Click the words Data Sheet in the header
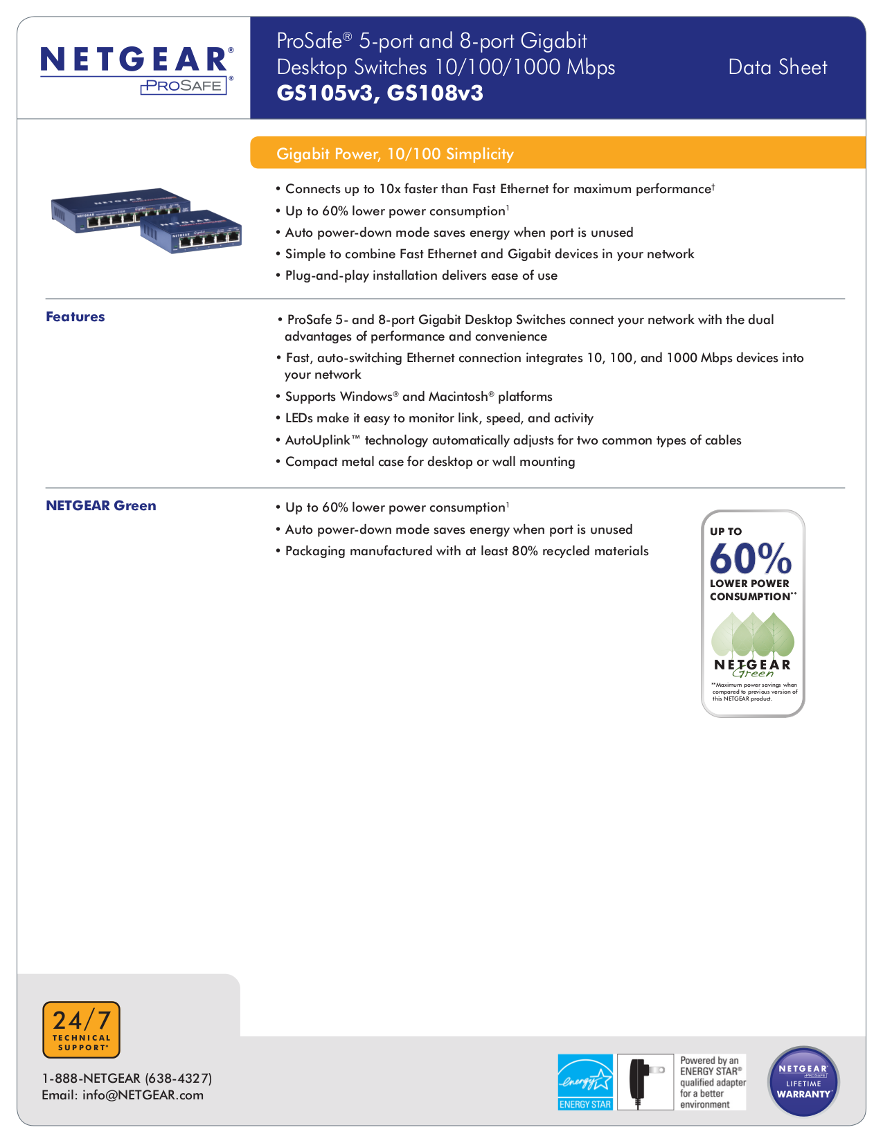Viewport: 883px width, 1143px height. (x=777, y=67)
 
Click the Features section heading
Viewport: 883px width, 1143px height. (x=75, y=317)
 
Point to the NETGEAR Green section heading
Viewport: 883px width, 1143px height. (x=101, y=506)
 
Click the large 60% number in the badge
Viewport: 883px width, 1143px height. (x=750, y=558)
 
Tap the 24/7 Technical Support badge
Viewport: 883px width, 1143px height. (x=81, y=1029)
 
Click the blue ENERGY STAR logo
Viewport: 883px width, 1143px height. (x=585, y=1082)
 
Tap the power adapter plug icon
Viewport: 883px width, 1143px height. (x=644, y=1082)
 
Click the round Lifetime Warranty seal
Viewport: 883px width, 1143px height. (x=803, y=1081)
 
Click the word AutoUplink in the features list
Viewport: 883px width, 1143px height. (x=323, y=440)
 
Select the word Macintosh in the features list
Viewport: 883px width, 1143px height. (x=458, y=397)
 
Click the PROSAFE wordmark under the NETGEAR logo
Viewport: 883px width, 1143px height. (x=184, y=86)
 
